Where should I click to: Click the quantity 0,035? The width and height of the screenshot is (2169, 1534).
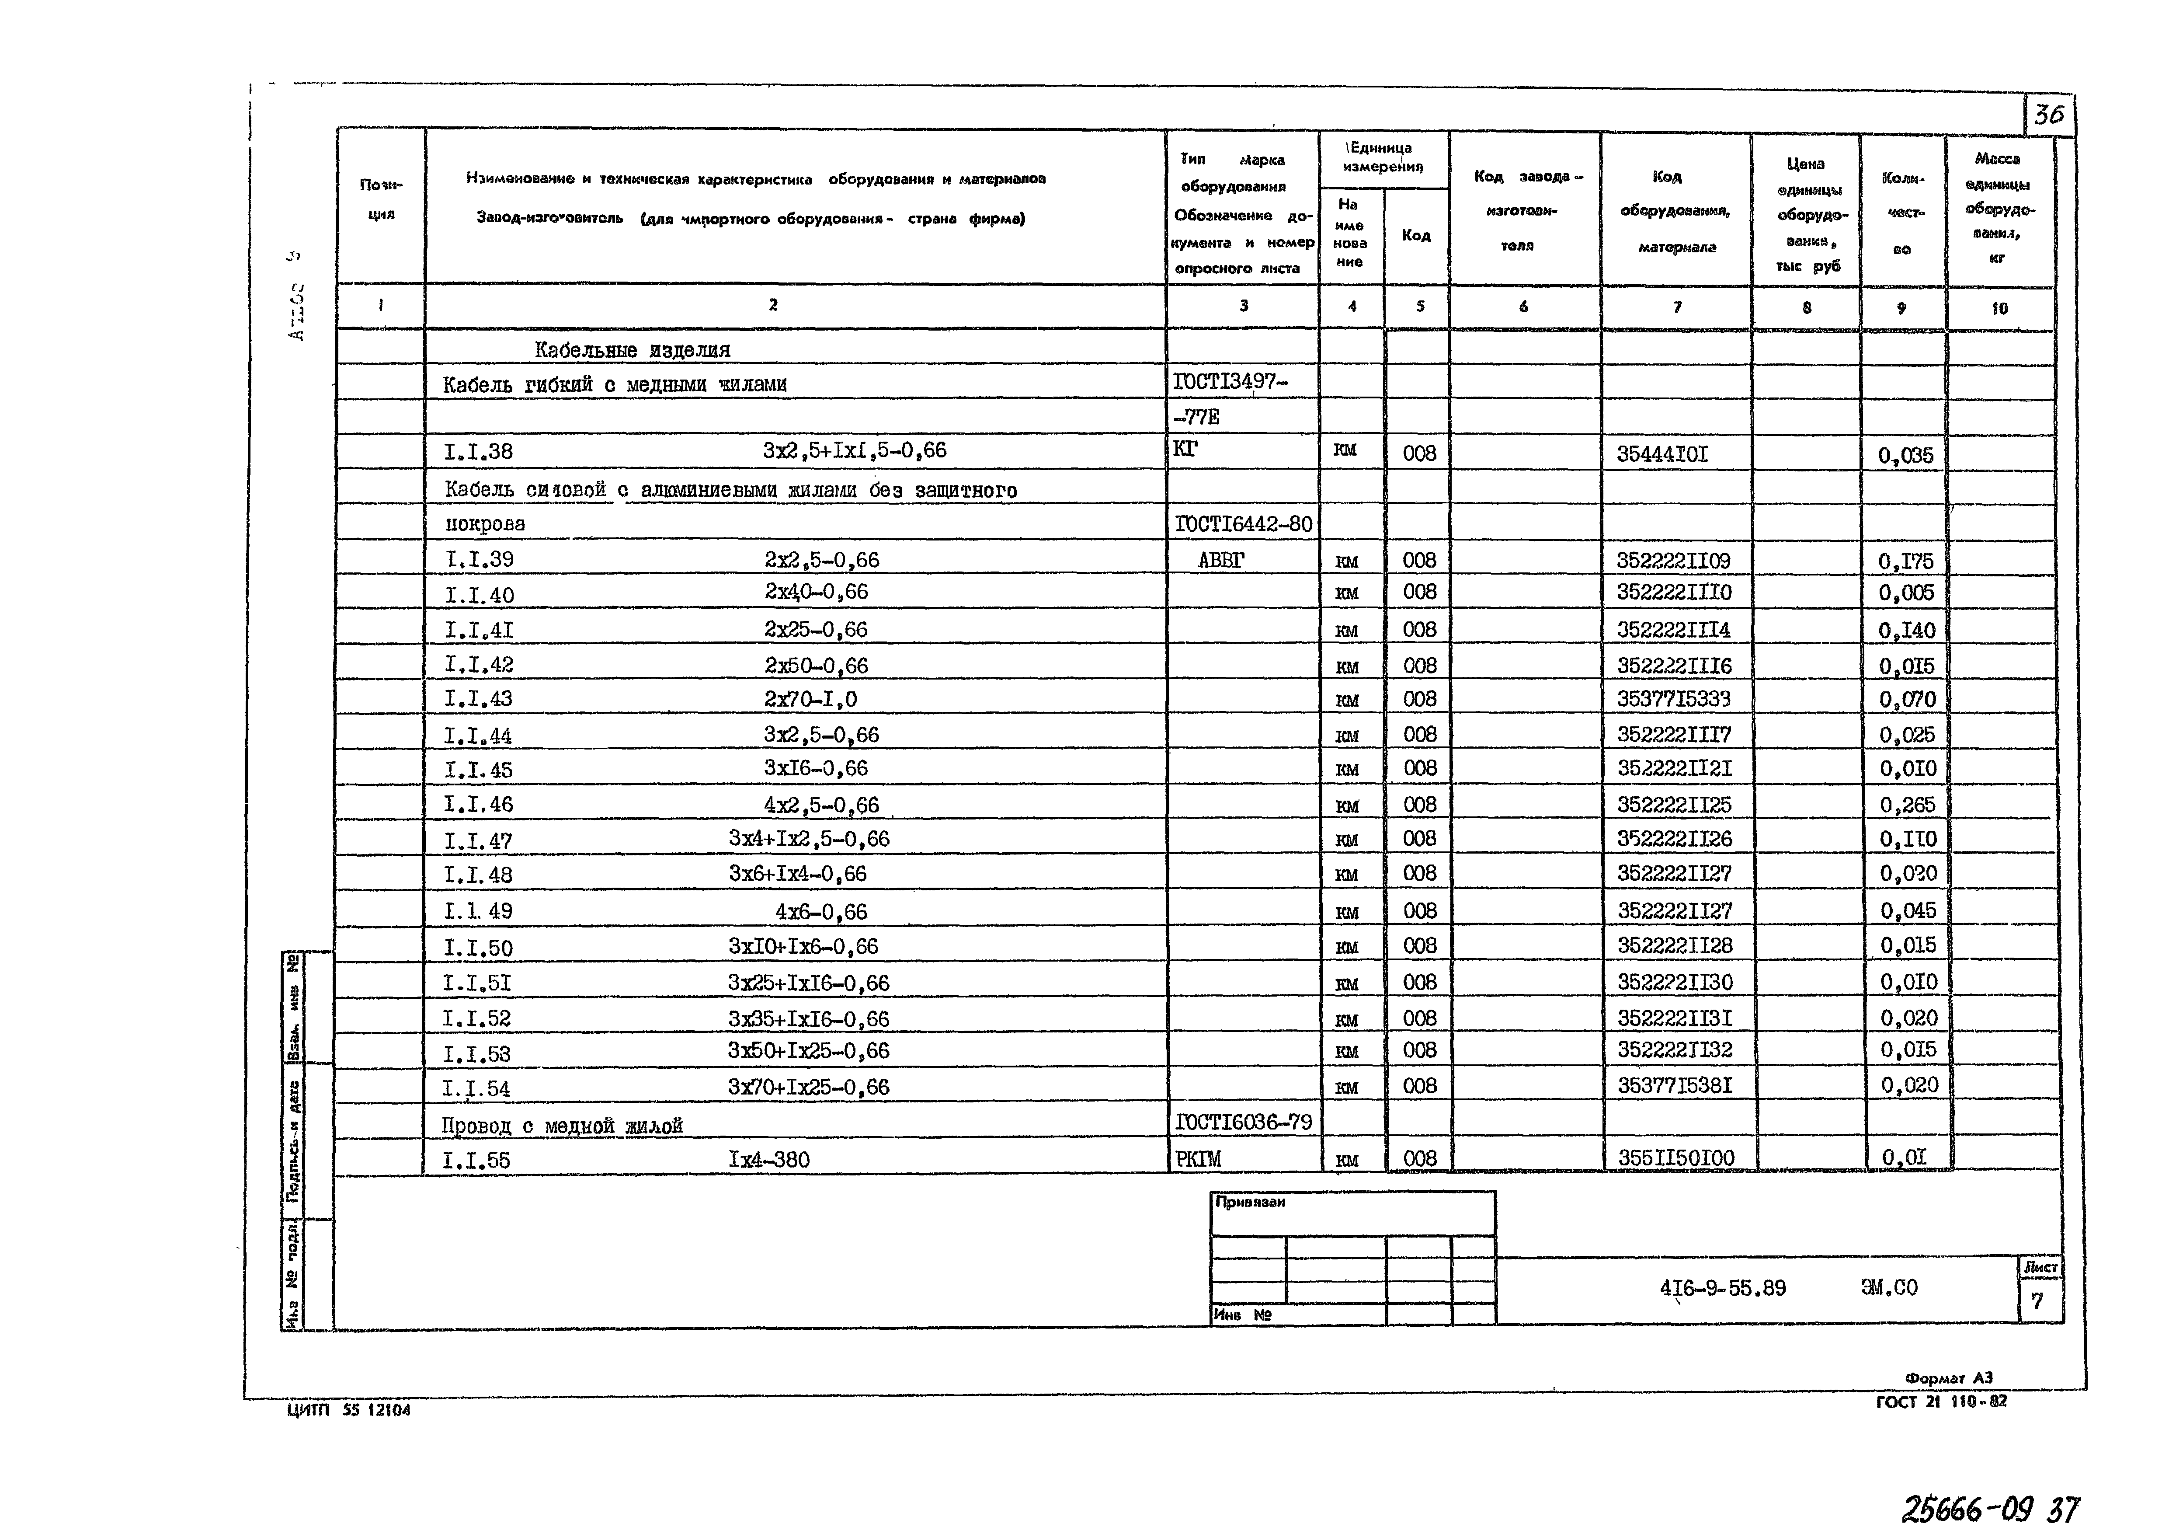1905,456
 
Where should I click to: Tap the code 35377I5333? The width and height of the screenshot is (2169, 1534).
1673,699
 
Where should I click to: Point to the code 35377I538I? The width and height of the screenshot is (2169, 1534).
1674,1085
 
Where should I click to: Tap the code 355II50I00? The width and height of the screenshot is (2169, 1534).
1675,1159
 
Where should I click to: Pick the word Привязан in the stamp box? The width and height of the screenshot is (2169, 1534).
1250,1203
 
